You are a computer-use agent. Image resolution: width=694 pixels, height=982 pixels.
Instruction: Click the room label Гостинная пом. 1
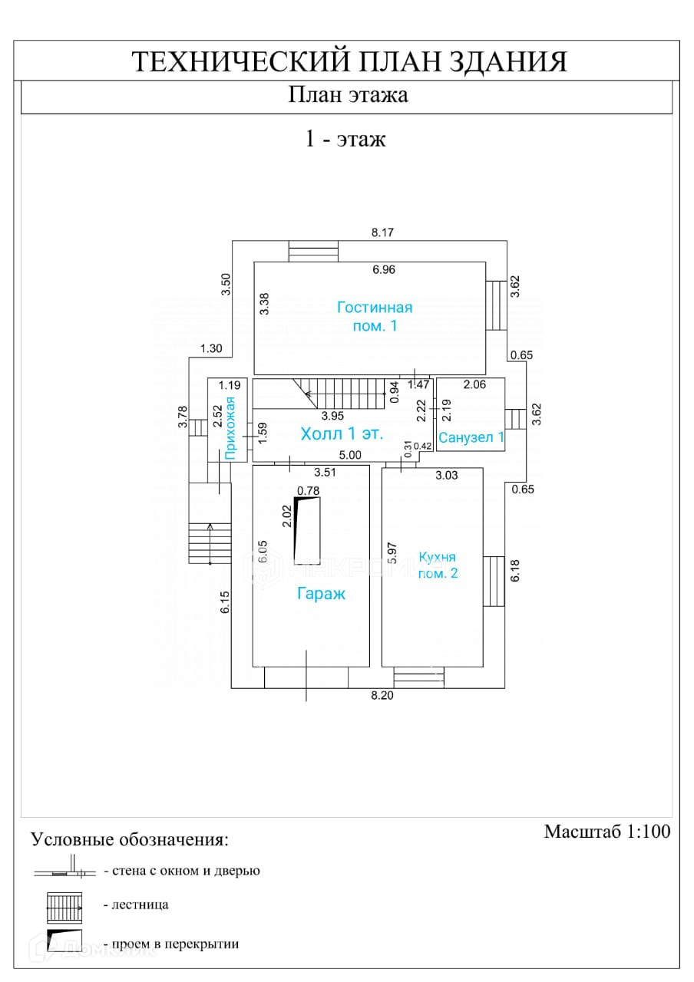point(375,317)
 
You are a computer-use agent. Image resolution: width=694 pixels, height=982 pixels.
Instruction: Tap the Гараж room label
point(322,593)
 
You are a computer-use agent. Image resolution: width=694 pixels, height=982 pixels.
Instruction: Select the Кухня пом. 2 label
point(438,565)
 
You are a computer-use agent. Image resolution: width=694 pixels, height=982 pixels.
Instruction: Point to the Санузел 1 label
point(471,437)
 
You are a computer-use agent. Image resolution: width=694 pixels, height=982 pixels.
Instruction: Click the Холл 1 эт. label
point(342,433)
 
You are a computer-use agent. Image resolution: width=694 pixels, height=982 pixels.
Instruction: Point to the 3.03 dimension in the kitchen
point(446,475)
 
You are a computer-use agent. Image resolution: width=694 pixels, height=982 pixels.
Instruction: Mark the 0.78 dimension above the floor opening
point(308,491)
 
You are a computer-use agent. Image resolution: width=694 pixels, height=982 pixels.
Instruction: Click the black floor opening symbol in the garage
point(306,530)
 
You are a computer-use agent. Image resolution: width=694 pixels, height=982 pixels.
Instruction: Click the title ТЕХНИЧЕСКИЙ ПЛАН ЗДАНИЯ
point(349,61)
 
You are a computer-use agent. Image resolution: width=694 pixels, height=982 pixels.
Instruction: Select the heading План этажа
point(348,95)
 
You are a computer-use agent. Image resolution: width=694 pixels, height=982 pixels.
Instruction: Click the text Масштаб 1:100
point(607,832)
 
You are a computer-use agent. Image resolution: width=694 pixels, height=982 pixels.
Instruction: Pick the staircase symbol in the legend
point(64,905)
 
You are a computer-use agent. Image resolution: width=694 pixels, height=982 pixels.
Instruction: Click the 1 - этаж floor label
point(345,139)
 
